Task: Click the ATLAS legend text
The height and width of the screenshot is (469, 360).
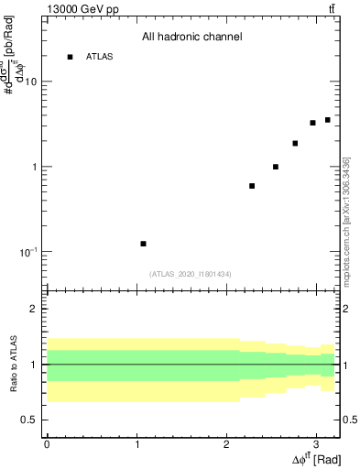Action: tap(99, 57)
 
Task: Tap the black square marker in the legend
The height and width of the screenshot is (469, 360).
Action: tap(70, 57)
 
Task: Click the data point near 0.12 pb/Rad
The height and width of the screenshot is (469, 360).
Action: tap(143, 244)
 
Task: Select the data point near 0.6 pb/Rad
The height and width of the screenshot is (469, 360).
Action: tap(252, 186)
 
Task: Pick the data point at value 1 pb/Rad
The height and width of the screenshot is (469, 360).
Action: tap(276, 167)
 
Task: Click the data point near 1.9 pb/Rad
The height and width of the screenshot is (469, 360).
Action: tap(295, 143)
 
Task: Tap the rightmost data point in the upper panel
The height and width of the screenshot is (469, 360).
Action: tap(327, 120)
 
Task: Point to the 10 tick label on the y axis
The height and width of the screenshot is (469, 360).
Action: tap(30, 82)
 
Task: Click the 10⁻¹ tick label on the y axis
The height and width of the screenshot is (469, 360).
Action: tap(28, 251)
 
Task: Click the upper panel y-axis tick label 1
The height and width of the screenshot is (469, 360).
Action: tap(34, 168)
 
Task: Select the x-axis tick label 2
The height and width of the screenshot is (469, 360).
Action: tap(226, 443)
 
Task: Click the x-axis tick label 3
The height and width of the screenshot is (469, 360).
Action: tap(315, 443)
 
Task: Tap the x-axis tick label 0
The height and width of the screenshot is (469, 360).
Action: tap(47, 443)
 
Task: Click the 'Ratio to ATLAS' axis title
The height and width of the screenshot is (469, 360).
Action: tap(13, 364)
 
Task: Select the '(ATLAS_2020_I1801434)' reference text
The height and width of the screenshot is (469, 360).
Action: tap(191, 274)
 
